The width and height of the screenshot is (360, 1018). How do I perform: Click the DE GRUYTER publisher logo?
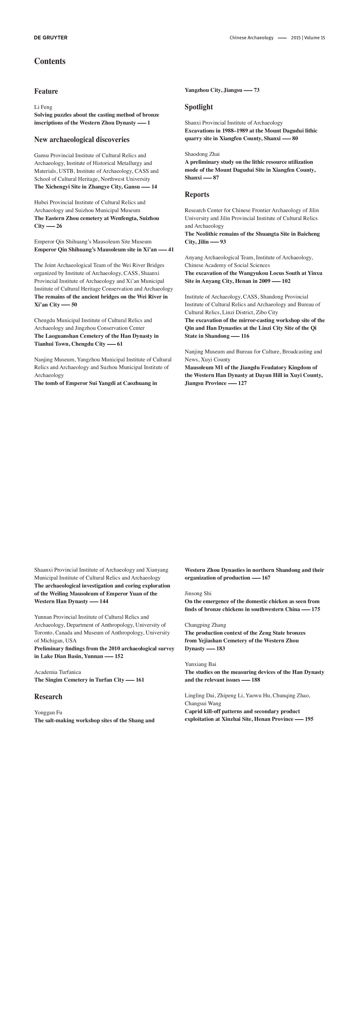[51, 38]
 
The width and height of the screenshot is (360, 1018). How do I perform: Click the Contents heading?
[50, 61]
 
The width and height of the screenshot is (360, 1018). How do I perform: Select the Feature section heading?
[46, 91]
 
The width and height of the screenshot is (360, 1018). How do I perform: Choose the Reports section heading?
[197, 194]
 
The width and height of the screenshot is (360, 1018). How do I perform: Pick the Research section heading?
[48, 696]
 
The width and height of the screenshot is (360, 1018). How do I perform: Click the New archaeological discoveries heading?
[82, 139]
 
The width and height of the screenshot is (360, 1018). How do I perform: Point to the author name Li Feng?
[43, 107]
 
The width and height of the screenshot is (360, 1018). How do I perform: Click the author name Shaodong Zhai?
[202, 154]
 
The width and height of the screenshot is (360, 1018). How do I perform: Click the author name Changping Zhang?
[205, 625]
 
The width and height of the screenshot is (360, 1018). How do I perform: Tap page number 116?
[245, 336]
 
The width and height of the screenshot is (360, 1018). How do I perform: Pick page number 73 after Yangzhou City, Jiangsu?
[256, 90]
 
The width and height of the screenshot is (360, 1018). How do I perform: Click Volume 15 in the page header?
[315, 38]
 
